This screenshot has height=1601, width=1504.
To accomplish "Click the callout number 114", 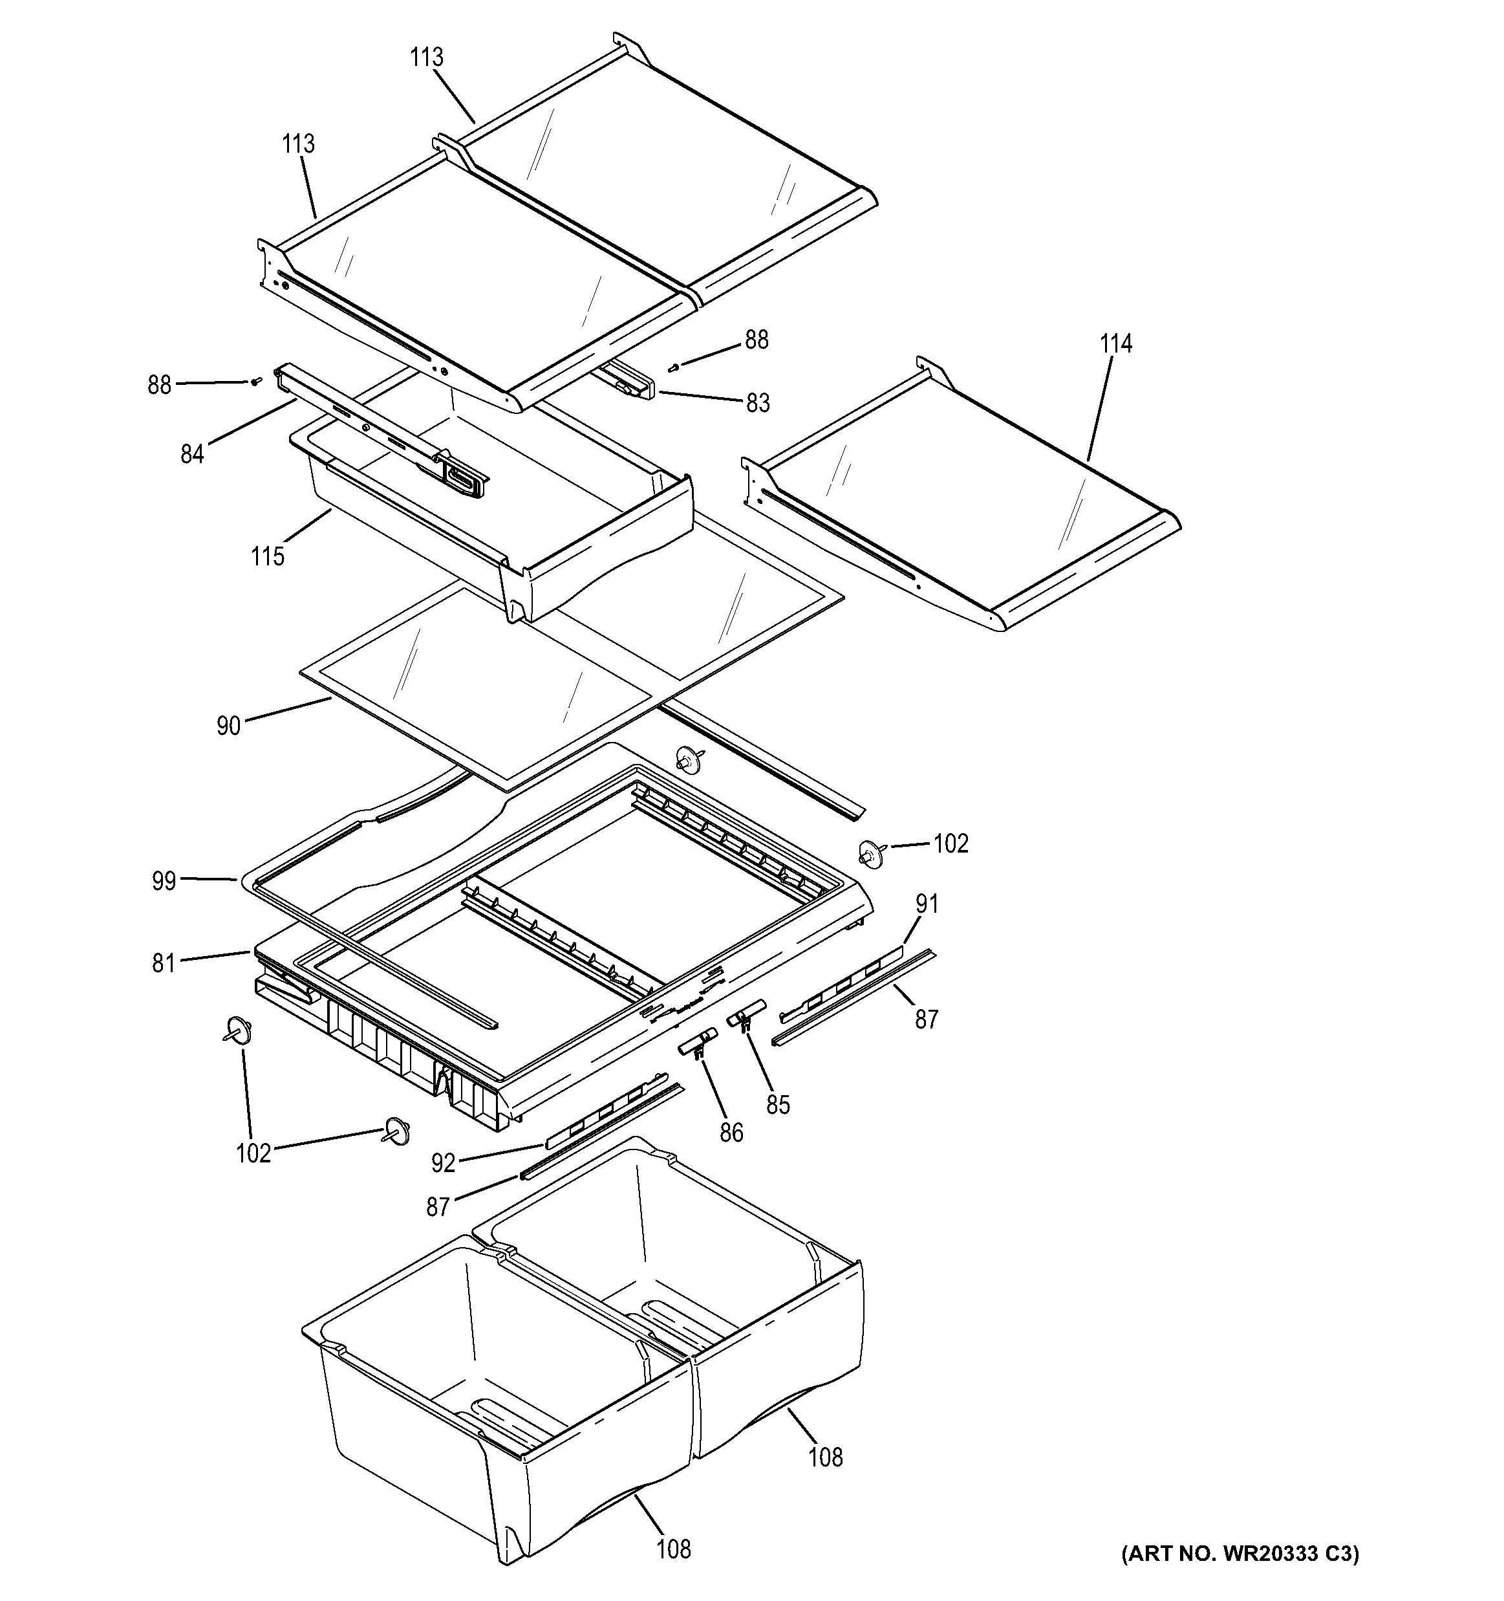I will coord(1116,344).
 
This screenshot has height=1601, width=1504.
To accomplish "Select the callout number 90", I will coord(229,726).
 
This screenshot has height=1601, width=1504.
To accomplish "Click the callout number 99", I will coord(164,882).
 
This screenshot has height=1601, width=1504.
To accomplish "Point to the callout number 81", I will coord(164,963).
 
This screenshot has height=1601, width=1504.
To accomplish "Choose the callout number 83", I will coord(758,402).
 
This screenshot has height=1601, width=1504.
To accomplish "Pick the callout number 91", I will coord(927,904).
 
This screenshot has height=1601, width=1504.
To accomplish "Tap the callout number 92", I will coord(444,1163).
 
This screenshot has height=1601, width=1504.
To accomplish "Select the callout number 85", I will coord(778,1105).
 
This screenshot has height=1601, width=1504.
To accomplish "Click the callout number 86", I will coord(731,1133).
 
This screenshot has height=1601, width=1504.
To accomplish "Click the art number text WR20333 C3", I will coord(1240,1576).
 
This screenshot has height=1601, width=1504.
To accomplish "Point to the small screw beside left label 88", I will coord(257,382).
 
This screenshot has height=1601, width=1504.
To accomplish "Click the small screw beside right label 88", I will coord(674,367).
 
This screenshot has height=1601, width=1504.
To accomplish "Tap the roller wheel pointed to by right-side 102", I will coord(870,854).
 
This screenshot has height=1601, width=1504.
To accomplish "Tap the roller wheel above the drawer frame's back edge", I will coord(687,758).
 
